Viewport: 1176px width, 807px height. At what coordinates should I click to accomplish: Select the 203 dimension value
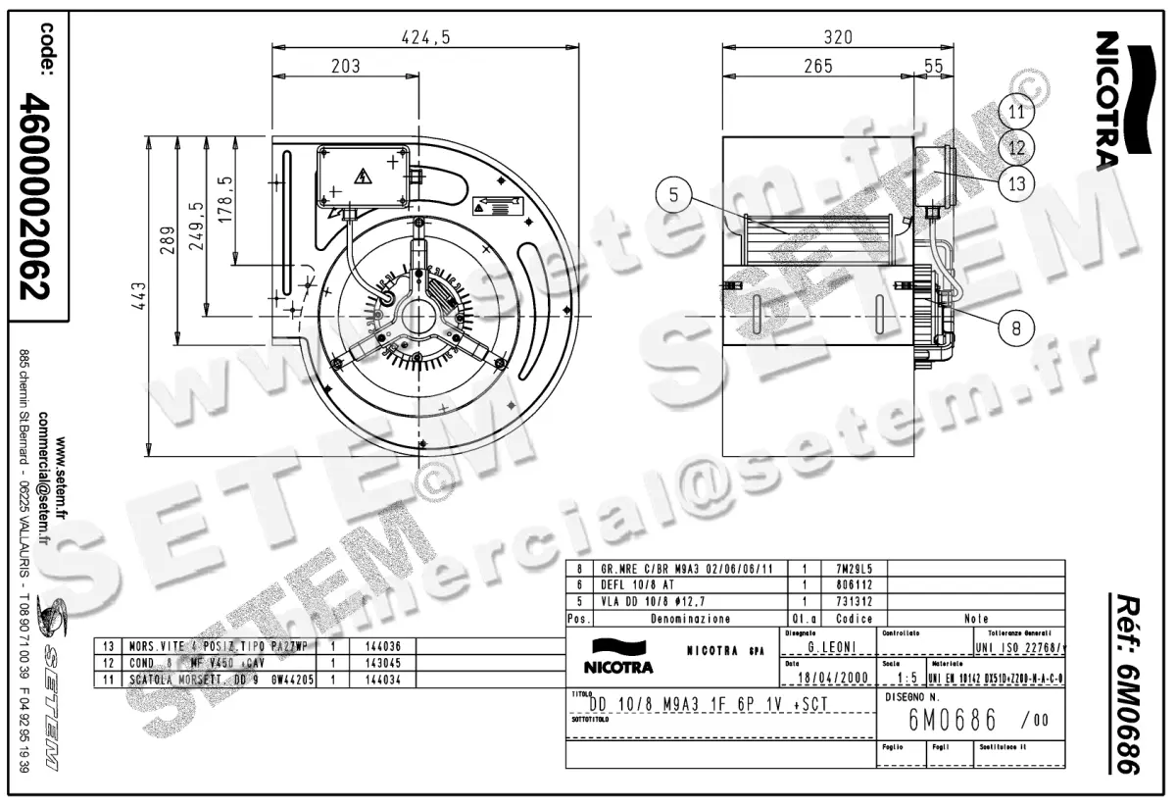click(x=346, y=66)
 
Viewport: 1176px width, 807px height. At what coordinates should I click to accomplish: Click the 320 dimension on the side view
click(x=838, y=37)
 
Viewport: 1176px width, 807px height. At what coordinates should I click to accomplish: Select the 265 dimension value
click(x=817, y=66)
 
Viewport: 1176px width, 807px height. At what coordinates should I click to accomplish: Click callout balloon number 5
click(x=674, y=195)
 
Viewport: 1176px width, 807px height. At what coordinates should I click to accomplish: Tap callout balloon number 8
click(x=1016, y=328)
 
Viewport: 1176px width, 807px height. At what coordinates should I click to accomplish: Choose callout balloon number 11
click(x=1016, y=112)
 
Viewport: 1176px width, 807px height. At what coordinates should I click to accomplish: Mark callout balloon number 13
click(x=1016, y=182)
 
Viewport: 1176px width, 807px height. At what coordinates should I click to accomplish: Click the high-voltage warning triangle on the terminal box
click(x=363, y=177)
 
